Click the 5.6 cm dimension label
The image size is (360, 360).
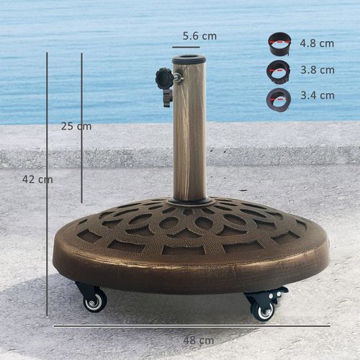199,35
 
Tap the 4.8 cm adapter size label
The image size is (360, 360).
318,43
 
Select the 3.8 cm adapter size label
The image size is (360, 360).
318,70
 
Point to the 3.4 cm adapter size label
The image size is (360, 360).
318,95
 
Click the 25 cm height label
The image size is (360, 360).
76,126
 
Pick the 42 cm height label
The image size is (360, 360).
37,179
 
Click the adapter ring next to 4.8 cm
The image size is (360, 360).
279,43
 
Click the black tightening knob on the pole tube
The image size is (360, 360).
165,78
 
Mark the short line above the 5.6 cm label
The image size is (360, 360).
186,47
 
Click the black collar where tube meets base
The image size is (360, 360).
189,201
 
